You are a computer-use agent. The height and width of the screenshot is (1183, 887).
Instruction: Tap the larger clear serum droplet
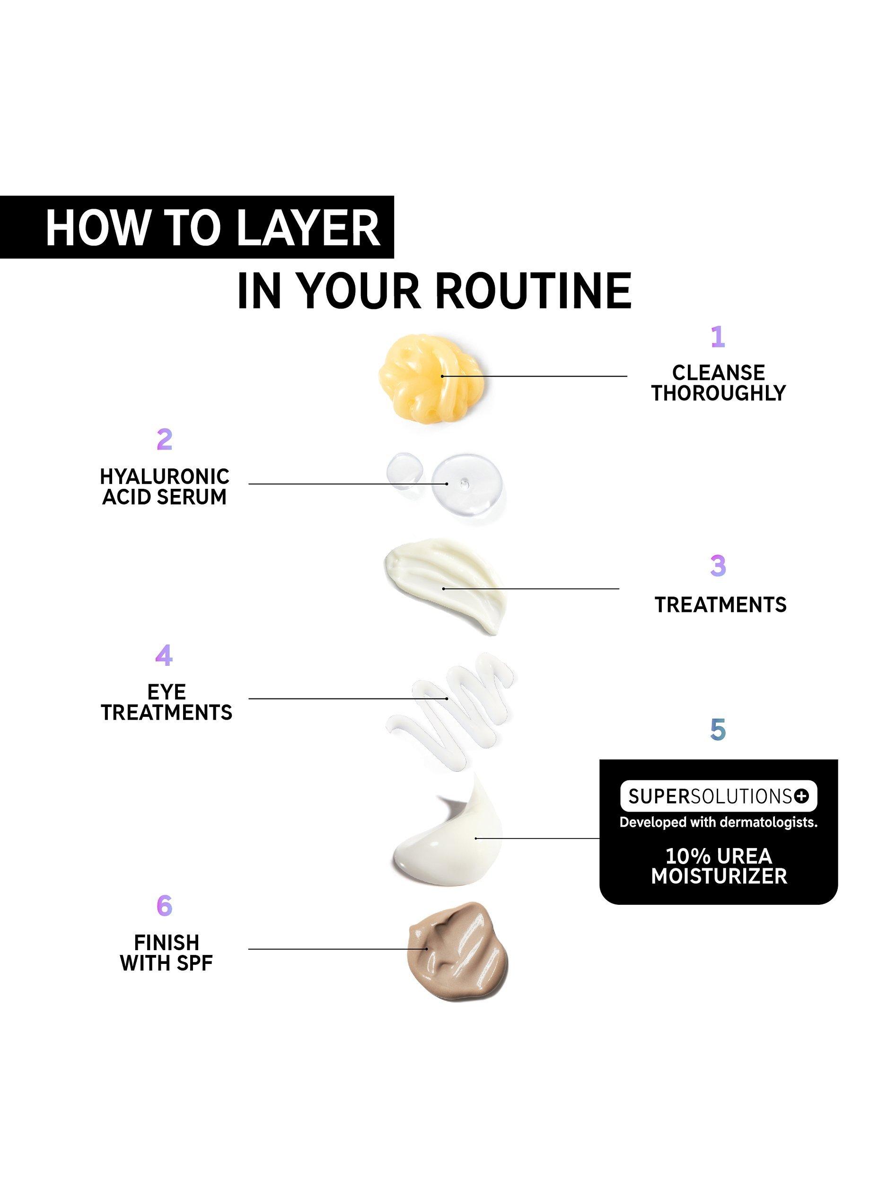tap(467, 484)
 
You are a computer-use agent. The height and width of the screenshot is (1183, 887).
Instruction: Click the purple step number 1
tap(718, 337)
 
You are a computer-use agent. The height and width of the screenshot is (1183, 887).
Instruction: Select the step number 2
tap(164, 440)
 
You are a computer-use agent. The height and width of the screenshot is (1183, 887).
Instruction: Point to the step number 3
tap(718, 566)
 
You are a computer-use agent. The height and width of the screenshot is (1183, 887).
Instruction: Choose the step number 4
tap(164, 655)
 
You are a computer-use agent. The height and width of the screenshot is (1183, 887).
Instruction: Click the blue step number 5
tap(718, 728)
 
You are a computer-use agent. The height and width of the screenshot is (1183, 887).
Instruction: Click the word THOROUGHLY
tap(718, 393)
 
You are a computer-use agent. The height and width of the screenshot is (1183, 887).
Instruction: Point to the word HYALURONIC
tap(165, 476)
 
